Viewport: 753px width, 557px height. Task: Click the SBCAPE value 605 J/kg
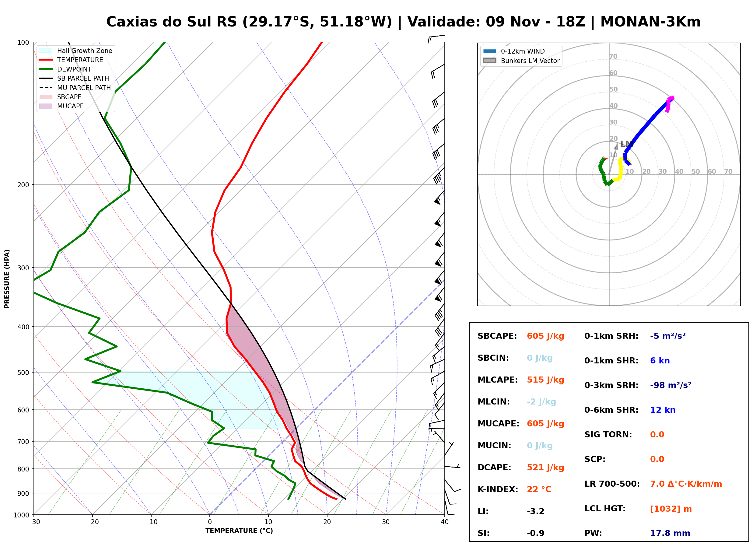pos(545,336)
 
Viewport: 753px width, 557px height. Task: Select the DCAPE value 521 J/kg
pos(545,468)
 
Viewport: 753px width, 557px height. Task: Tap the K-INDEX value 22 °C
pos(539,489)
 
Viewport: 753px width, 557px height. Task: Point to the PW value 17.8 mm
pos(670,533)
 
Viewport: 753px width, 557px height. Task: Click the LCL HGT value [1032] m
pos(671,509)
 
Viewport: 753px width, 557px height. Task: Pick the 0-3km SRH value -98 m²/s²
pos(671,385)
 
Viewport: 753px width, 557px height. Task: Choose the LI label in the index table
pos(483,511)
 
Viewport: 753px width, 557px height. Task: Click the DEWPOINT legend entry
pos(65,69)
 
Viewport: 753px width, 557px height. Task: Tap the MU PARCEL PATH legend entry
pos(75,88)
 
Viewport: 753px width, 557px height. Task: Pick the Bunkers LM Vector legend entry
pos(521,61)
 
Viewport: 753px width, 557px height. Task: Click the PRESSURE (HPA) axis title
pos(7,279)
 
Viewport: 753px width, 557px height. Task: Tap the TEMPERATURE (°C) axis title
pos(239,531)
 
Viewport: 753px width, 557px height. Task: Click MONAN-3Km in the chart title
pos(650,22)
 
